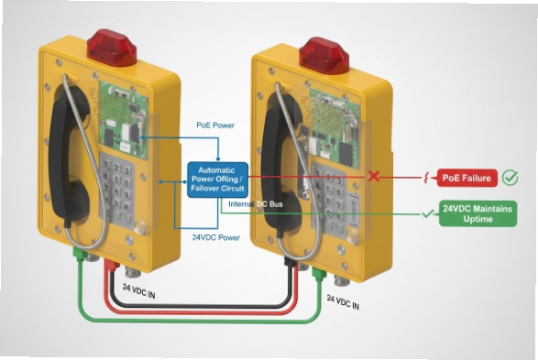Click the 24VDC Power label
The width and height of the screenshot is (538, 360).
(216, 236)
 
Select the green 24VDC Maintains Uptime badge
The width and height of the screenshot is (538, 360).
(478, 213)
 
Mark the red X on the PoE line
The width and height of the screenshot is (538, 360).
(374, 175)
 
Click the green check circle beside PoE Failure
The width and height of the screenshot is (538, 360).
(510, 178)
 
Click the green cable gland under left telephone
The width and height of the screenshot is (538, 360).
(80, 256)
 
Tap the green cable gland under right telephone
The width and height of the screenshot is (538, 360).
(317, 271)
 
